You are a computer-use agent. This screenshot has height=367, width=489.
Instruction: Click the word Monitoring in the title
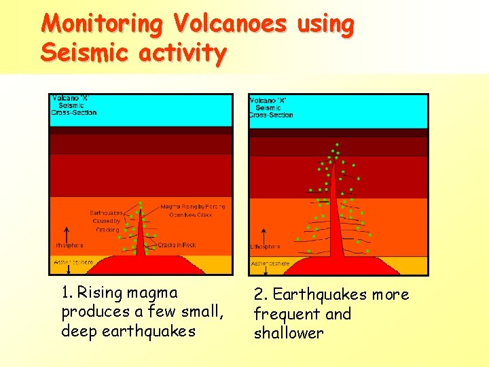(x=102, y=24)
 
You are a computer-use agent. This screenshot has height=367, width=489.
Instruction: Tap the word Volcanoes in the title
(x=230, y=24)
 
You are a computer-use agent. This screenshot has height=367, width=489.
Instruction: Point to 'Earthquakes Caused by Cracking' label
(x=107, y=221)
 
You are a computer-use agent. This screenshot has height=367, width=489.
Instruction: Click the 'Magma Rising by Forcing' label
(x=192, y=207)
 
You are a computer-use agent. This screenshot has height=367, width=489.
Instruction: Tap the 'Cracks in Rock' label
(x=177, y=245)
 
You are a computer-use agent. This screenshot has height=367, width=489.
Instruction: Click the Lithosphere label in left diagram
(x=69, y=245)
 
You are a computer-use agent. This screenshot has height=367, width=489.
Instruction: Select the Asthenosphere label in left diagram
(x=73, y=262)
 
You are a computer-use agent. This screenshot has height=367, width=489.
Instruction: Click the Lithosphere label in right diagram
(x=266, y=247)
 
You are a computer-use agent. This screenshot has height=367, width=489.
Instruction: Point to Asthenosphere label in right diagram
(x=270, y=263)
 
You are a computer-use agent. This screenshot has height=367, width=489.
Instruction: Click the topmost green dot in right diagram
(x=336, y=143)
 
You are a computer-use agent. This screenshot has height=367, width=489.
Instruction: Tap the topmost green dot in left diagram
(x=141, y=203)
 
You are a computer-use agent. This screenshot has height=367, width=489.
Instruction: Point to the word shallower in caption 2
(x=289, y=333)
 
